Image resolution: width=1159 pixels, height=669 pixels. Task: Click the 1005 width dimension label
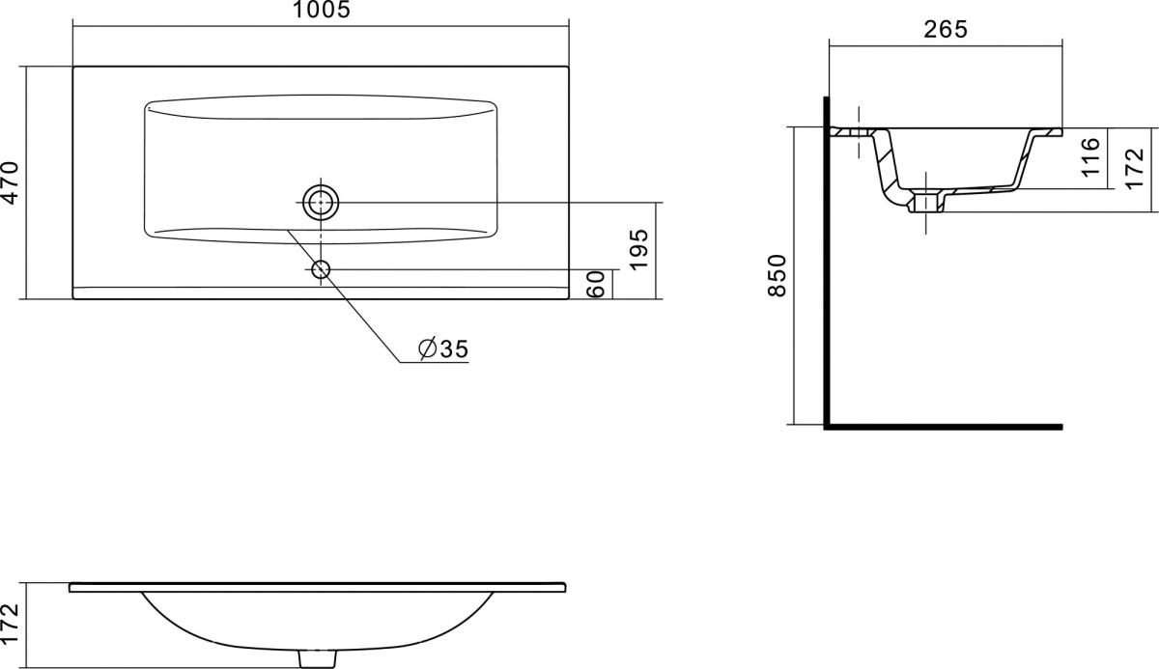pos(322,10)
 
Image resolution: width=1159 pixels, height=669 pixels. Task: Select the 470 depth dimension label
pos(10,182)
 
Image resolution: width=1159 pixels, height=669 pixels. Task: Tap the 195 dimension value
pos(638,249)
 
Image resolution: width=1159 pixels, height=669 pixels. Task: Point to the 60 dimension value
pos(596,285)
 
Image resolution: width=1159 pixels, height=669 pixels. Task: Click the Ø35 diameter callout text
pos(443,348)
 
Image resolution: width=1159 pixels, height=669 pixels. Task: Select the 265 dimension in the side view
pos(946,30)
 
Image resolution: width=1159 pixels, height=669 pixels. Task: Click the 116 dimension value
pos(1090,157)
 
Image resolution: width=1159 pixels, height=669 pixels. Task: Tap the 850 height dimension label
pos(777,275)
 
